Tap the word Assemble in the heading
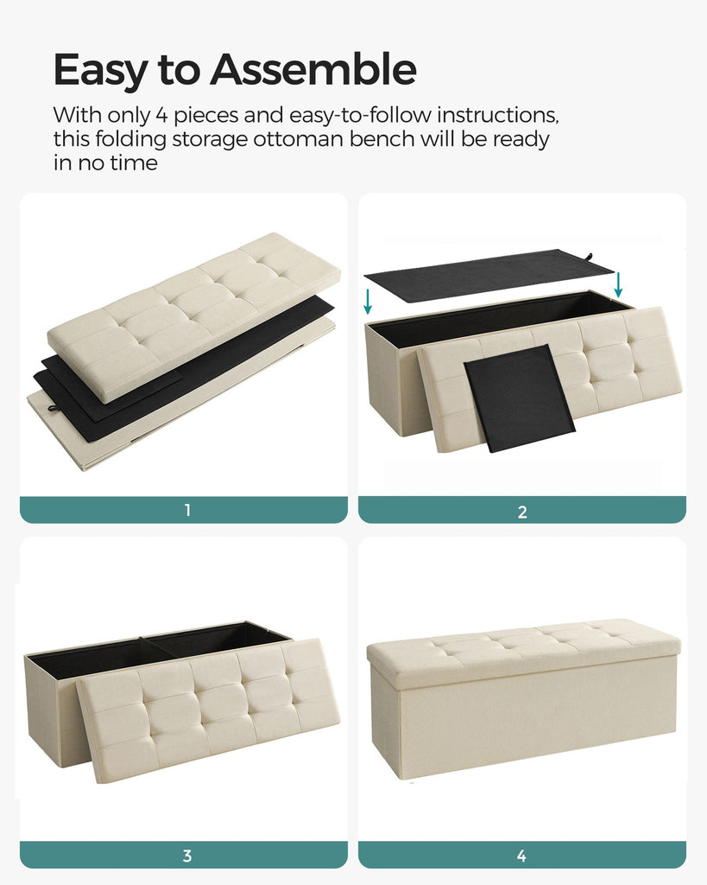(x=313, y=69)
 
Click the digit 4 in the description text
(x=161, y=115)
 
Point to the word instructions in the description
(x=498, y=115)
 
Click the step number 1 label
(x=187, y=510)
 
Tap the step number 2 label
(x=522, y=512)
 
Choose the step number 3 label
(x=187, y=856)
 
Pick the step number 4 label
(x=521, y=856)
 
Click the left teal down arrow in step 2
(x=368, y=302)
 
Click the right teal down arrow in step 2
(x=618, y=284)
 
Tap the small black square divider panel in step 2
(x=520, y=398)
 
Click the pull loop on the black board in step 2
(x=590, y=257)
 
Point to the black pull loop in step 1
(x=53, y=407)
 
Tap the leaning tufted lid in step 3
(x=208, y=710)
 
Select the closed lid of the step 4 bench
(x=524, y=651)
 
